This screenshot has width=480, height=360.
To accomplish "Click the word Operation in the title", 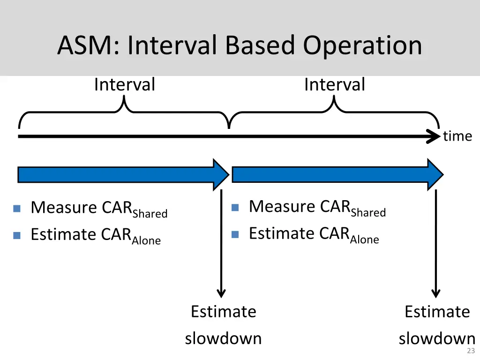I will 362,46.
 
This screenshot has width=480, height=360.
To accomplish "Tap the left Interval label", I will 124,85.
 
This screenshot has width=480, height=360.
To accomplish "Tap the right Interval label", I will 334,85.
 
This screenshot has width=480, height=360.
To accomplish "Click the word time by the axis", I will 457,136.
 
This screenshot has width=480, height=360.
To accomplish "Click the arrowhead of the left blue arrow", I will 221,174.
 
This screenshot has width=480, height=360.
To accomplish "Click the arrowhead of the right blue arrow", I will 435,174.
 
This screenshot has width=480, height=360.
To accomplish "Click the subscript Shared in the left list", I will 150,214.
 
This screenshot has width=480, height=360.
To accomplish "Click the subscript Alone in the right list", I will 364,240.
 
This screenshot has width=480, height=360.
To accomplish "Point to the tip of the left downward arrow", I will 221,296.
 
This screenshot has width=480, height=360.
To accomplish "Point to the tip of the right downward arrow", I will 436,296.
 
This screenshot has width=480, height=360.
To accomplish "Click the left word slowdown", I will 223,338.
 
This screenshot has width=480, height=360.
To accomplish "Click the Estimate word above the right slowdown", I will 437,312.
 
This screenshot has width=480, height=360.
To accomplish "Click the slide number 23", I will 471,351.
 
